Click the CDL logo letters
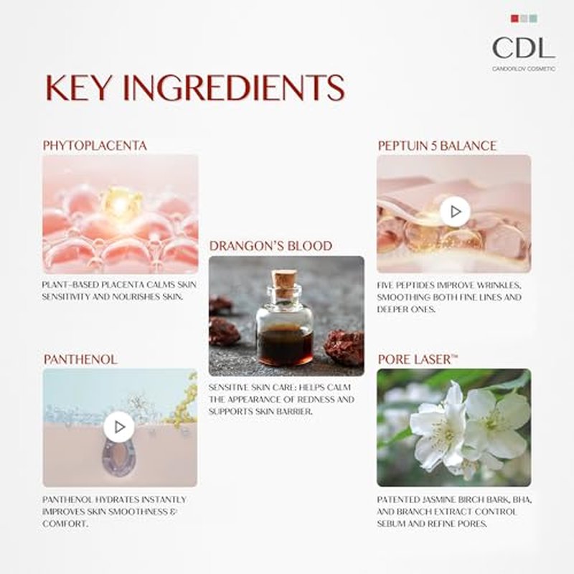click(524, 48)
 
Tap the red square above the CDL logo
click(514, 19)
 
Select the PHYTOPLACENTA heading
click(95, 146)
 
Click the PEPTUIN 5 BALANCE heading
click(437, 146)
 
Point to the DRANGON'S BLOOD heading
click(270, 246)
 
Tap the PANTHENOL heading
click(80, 359)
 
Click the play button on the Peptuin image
click(455, 212)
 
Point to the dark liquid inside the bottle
click(285, 347)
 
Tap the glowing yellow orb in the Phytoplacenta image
click(121, 203)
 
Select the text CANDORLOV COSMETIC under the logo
click(524, 69)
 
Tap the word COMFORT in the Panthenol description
click(65, 524)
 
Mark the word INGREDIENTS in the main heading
click(234, 88)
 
